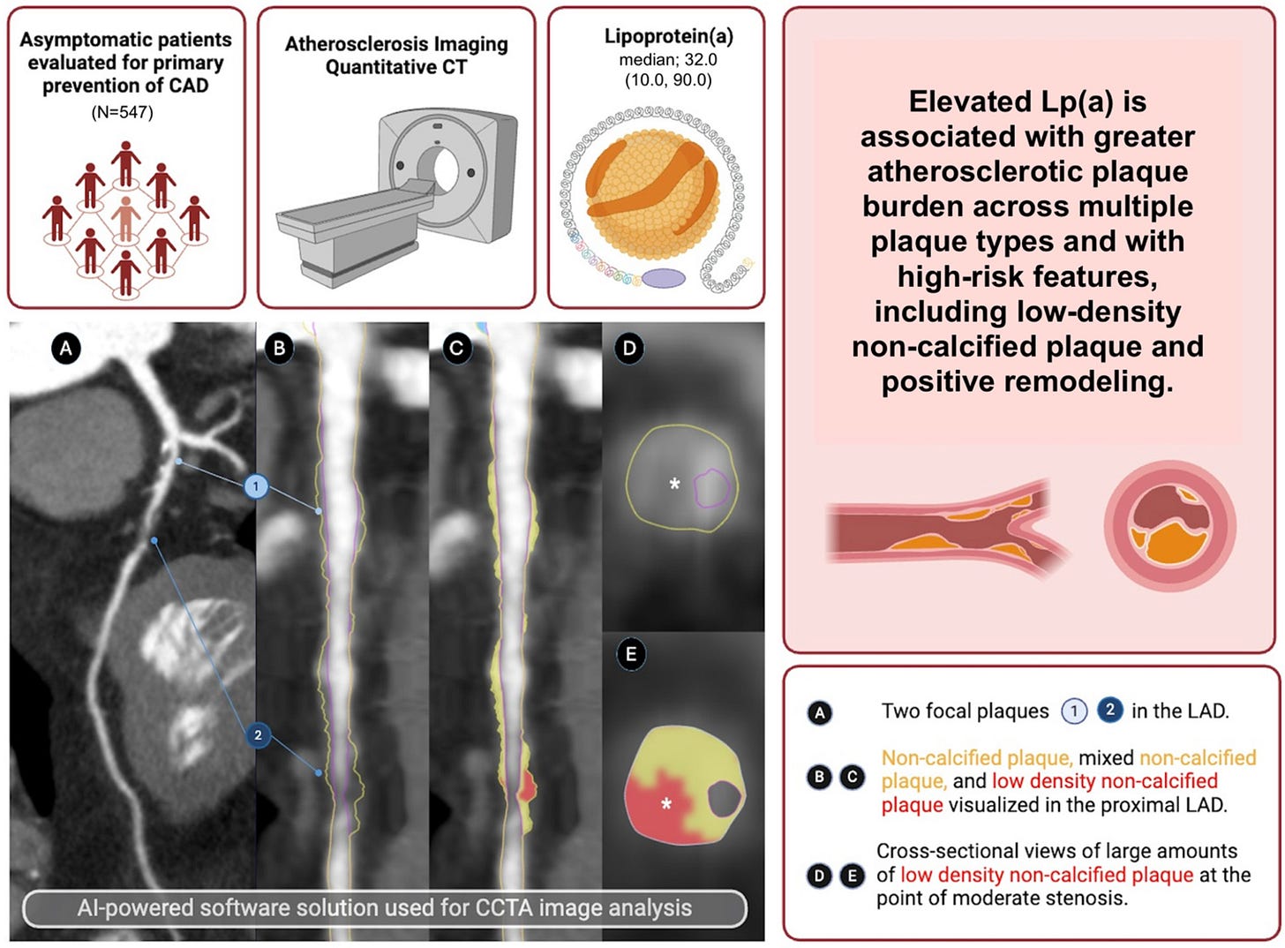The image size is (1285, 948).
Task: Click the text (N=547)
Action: [x=123, y=112]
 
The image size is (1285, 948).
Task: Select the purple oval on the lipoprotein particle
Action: [x=663, y=278]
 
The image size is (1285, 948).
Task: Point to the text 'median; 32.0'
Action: [x=667, y=60]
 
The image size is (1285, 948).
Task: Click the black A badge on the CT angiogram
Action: [x=65, y=349]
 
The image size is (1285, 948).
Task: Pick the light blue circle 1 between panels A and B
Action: [x=256, y=485]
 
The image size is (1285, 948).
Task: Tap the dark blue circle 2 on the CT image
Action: [x=258, y=734]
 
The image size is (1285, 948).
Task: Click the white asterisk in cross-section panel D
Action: [x=674, y=484]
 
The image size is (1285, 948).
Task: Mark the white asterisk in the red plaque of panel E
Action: [x=666, y=803]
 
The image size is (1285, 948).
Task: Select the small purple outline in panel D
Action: [x=712, y=487]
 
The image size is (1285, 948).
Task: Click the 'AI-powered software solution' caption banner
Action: [x=385, y=908]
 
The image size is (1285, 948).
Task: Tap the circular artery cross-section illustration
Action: [x=1169, y=527]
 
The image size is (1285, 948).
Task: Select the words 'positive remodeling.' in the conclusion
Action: [x=1027, y=381]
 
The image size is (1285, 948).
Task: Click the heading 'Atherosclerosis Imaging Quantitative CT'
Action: [x=396, y=55]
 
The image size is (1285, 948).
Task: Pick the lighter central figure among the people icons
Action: [x=125, y=217]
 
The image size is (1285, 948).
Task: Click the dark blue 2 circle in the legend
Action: [x=1109, y=710]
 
